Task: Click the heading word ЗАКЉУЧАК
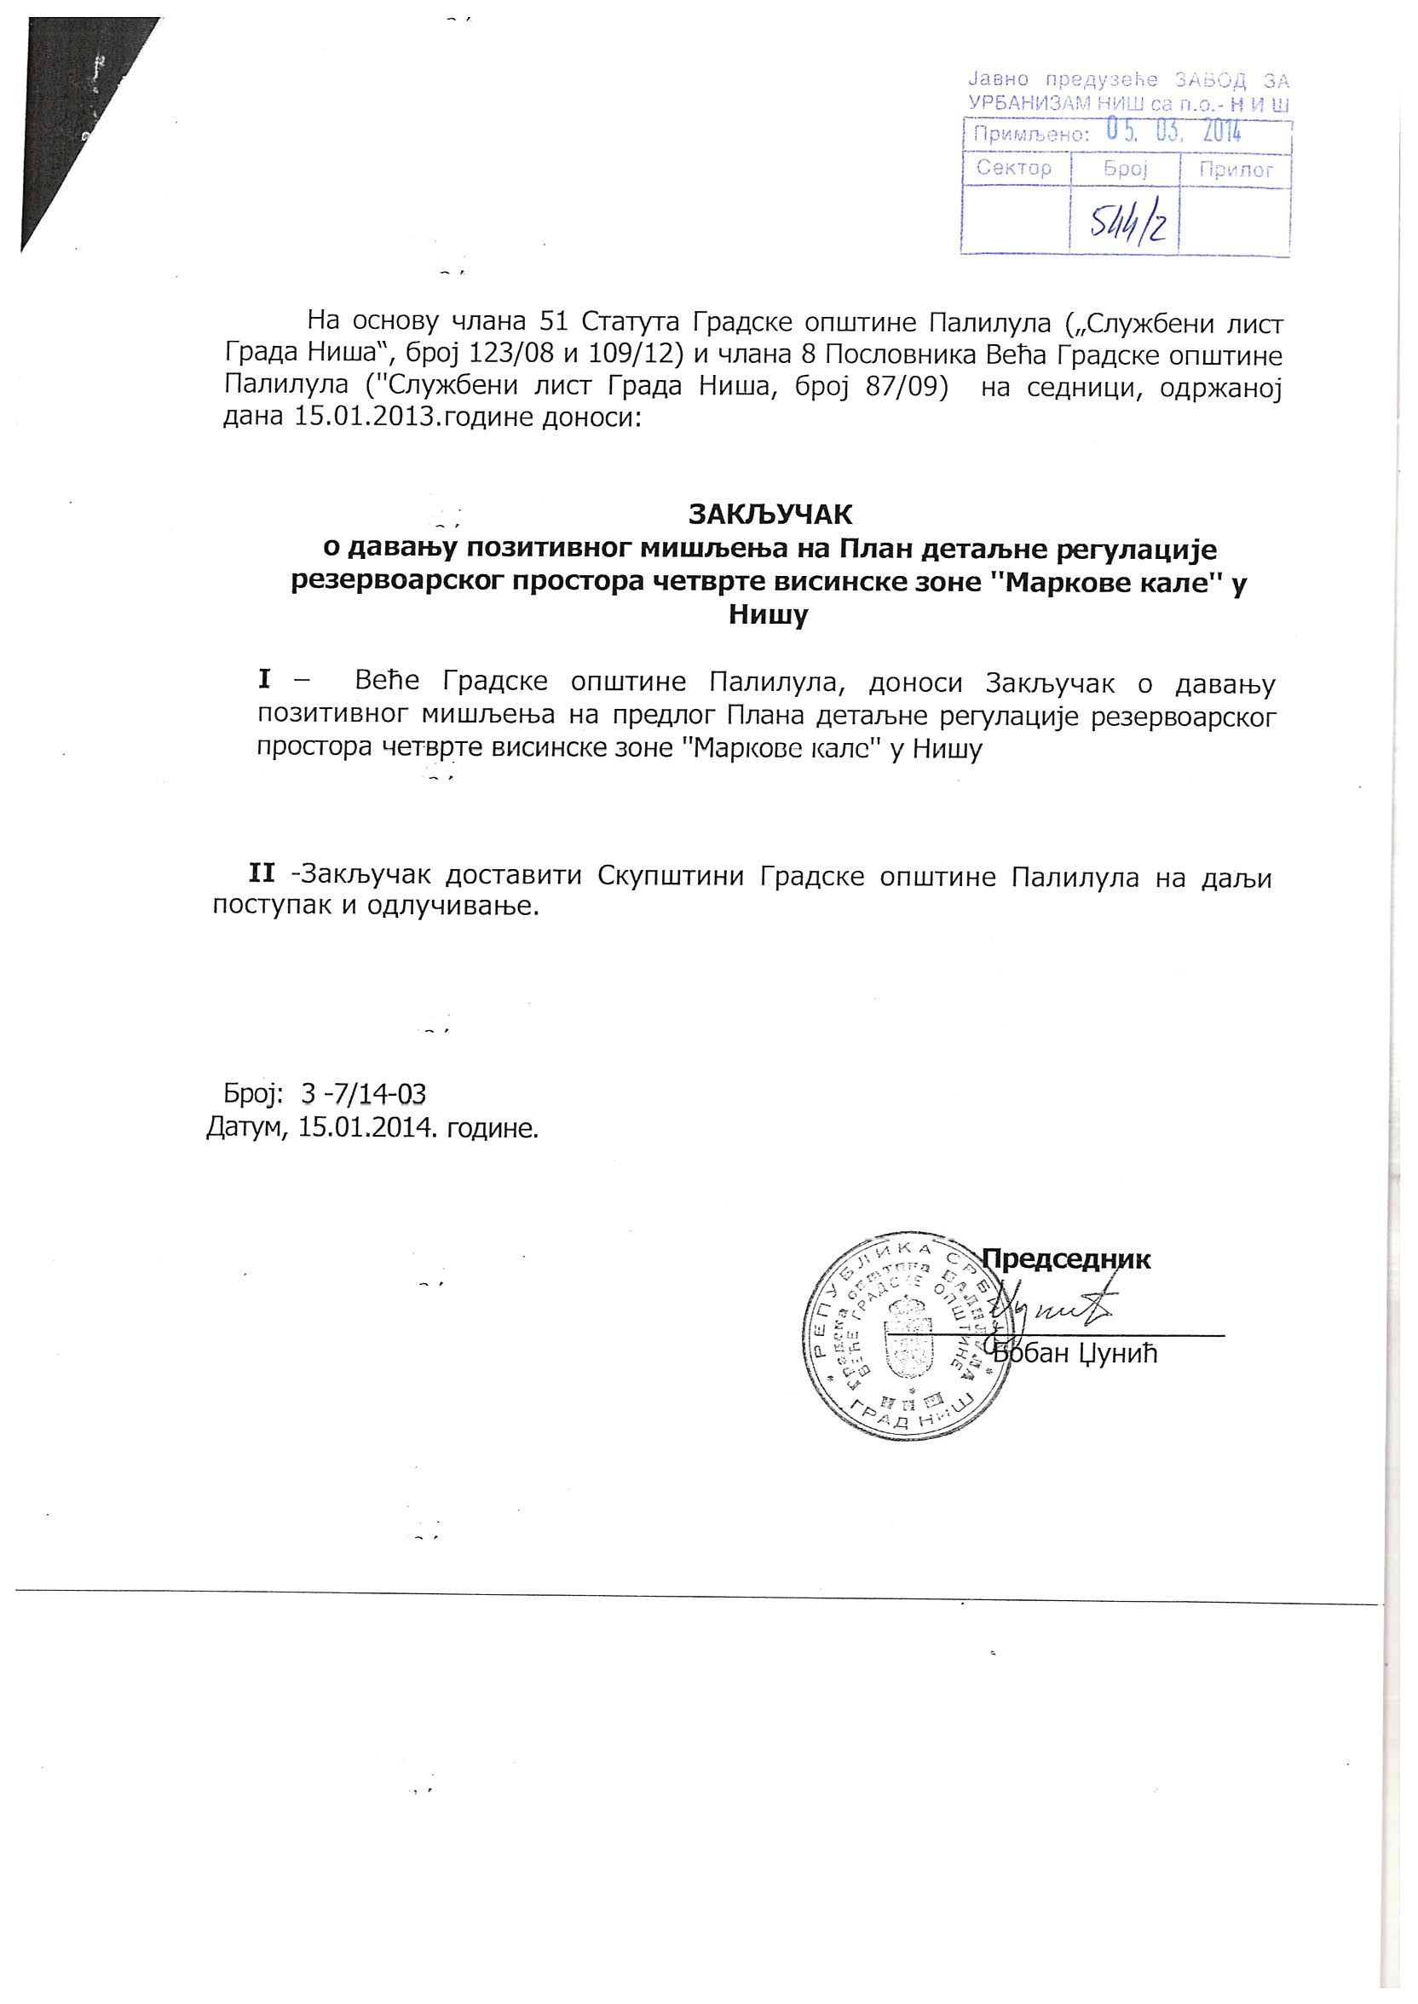pos(770,514)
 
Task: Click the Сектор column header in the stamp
pos(1014,169)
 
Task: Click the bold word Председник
pos(1066,1259)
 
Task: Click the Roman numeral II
pos(262,872)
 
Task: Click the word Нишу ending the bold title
pos(769,616)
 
